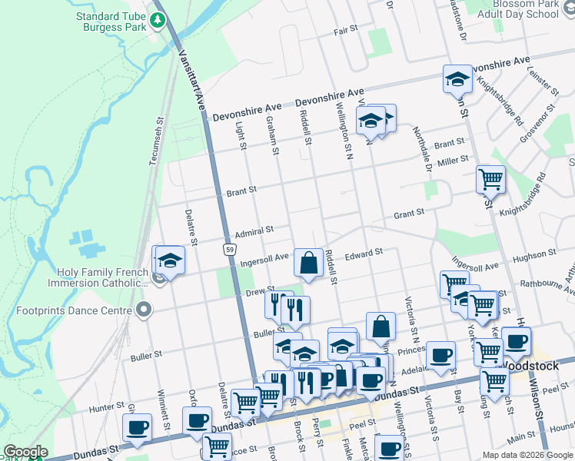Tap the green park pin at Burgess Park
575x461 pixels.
click(x=159, y=19)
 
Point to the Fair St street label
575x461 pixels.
click(x=346, y=29)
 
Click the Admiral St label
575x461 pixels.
click(x=254, y=230)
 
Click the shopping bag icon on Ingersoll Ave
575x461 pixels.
click(x=308, y=263)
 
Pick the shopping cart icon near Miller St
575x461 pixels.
click(x=490, y=180)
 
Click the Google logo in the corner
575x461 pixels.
click(x=25, y=453)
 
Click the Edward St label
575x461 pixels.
click(x=364, y=254)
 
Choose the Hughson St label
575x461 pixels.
click(x=533, y=254)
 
